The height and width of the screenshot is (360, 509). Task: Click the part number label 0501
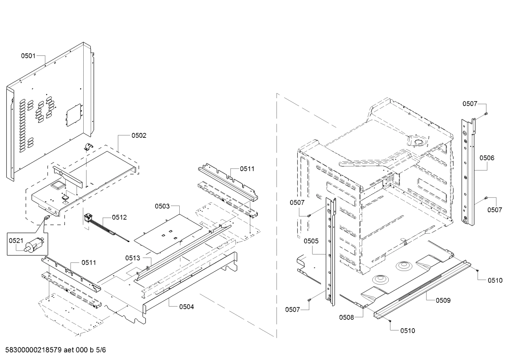(x=28, y=55)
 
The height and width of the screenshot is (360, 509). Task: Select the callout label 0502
(x=139, y=135)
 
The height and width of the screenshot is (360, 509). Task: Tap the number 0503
(x=162, y=206)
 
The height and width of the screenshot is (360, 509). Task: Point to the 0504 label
(x=186, y=307)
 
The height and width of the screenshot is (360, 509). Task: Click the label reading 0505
(x=311, y=241)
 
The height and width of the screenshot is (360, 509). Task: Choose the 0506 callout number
(x=487, y=158)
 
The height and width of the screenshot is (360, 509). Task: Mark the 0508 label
(x=346, y=317)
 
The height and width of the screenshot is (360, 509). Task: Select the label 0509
(x=443, y=300)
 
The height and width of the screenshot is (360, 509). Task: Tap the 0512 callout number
(x=119, y=218)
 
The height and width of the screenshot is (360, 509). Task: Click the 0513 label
(x=132, y=258)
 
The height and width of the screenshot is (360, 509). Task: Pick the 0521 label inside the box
(x=16, y=241)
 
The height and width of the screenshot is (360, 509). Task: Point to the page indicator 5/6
(x=101, y=350)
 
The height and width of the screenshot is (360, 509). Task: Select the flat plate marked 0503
(x=166, y=233)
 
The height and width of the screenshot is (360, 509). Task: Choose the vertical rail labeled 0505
(x=330, y=251)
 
